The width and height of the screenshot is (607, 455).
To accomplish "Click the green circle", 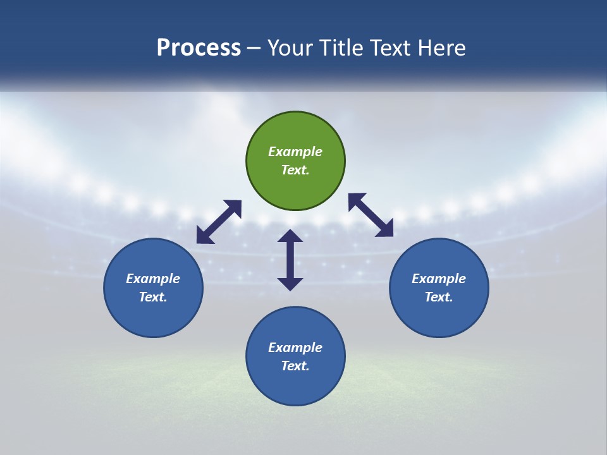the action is coord(295,161).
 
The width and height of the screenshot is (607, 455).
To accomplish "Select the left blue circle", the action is coord(153,288).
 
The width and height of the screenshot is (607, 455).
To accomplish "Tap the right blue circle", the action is coord(439,288).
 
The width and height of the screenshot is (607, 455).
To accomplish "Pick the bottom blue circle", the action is coord(295,356).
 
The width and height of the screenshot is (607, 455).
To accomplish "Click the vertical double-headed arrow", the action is coord(290,260).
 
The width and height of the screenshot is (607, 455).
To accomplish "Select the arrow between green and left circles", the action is coord(219,222).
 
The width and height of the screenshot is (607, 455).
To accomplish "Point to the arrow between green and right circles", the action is coord(371,215).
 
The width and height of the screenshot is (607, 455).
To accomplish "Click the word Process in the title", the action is coord(199,47).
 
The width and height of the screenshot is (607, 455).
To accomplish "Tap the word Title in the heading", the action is coord(342,47).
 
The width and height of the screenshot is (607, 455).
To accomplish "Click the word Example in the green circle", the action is coord(295,151).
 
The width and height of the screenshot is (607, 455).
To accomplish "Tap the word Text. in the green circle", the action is coord(295,170).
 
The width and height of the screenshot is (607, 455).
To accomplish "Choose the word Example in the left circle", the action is coord(153,279).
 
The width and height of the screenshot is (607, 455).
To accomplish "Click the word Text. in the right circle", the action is coord(439,297).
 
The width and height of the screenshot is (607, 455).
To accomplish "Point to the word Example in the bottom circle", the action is coord(295,347).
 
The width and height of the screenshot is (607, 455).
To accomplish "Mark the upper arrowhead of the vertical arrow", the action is coord(290,235).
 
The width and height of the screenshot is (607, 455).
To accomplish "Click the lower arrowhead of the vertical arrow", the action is coord(290,284).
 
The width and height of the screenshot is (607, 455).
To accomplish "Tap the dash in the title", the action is coord(254,49).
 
